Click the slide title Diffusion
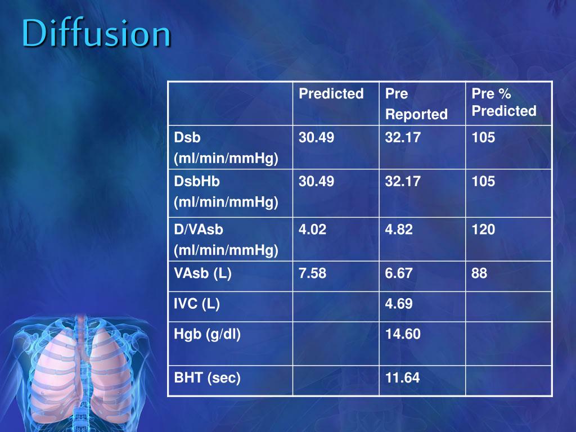click(x=96, y=34)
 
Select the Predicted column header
click(x=331, y=93)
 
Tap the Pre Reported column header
click(x=416, y=104)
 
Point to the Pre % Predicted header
click(x=503, y=102)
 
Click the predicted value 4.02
click(x=312, y=229)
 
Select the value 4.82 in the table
click(x=399, y=229)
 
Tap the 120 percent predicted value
click(x=483, y=229)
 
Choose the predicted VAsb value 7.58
click(x=312, y=274)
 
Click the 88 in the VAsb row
click(x=480, y=274)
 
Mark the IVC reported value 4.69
click(x=399, y=304)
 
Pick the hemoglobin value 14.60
click(x=403, y=335)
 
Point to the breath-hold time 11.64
click(x=402, y=378)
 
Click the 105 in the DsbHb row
click(x=483, y=181)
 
